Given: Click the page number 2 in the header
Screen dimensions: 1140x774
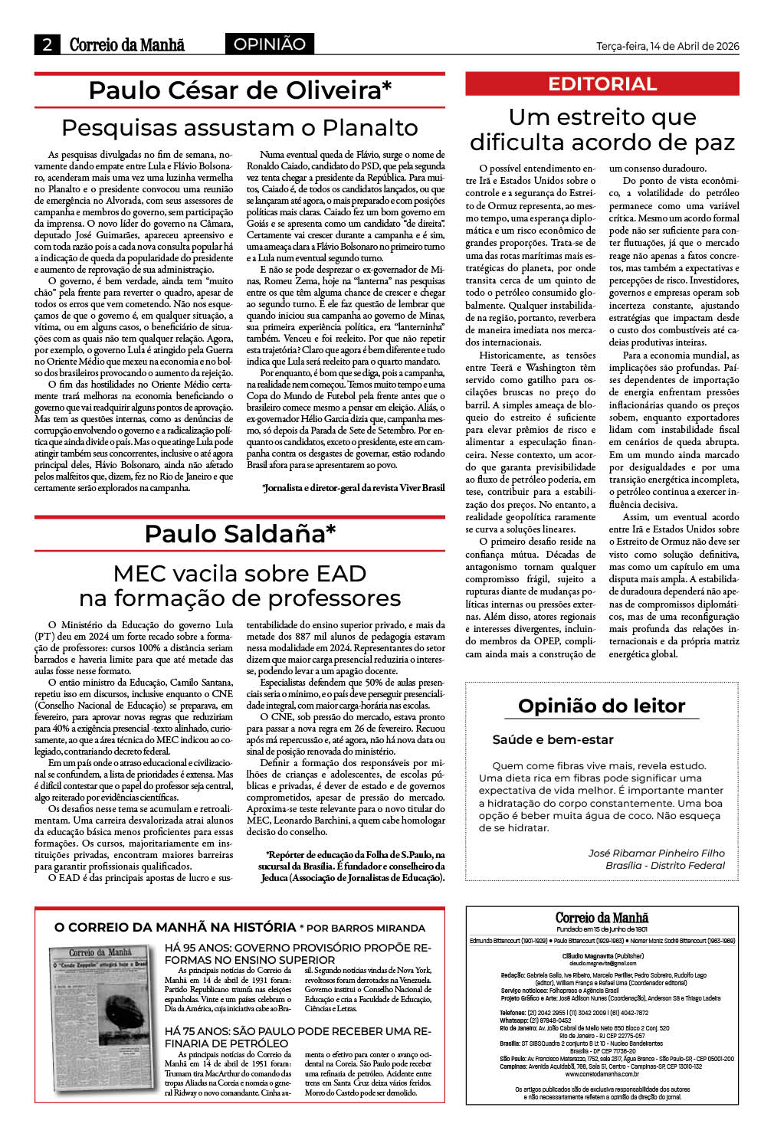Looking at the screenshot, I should (47, 44).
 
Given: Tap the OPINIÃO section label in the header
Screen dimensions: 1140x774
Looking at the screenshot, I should (269, 44).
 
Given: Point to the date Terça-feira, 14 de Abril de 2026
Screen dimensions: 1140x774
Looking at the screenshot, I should (667, 46).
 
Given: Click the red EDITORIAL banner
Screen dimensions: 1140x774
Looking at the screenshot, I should (602, 84).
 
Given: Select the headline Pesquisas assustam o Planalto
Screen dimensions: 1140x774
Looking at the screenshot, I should (240, 127).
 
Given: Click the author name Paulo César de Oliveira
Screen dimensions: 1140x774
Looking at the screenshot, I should (240, 90).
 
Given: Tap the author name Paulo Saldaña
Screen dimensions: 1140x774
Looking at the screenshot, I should (240, 533).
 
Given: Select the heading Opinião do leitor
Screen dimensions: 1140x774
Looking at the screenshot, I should (602, 706).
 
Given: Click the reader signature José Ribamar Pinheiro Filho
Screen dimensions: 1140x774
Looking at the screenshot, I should (656, 853).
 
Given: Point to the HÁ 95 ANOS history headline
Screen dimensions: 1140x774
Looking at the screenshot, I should (297, 954).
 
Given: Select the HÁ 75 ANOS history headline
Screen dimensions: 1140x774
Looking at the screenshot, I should (297, 1037).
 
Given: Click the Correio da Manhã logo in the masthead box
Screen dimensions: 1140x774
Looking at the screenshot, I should (602, 918).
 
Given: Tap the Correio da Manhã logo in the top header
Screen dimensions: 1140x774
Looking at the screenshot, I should (127, 44).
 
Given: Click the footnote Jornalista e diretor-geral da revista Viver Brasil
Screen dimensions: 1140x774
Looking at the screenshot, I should (353, 487).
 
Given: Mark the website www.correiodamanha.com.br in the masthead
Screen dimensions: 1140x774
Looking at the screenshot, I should (602, 1074).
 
